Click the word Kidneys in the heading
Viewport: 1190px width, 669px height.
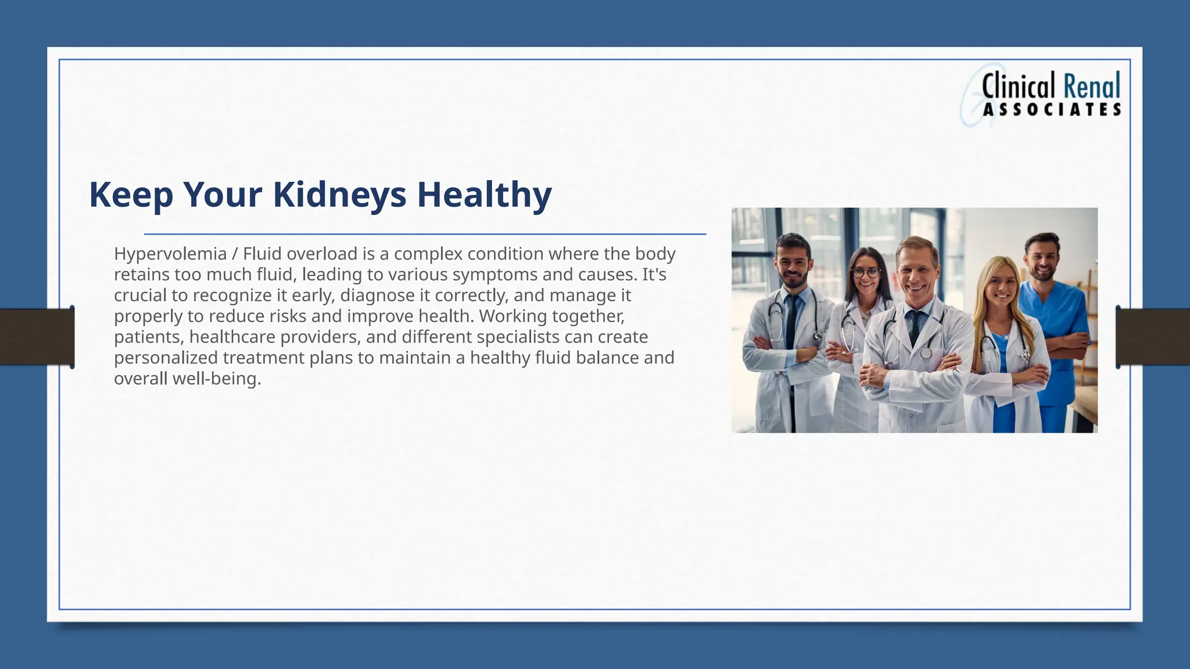coord(339,195)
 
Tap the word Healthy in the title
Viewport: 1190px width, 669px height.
coord(484,195)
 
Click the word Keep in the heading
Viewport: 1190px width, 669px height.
coord(131,195)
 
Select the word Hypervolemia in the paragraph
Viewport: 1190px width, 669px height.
coord(170,254)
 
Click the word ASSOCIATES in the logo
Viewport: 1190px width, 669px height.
coord(1052,110)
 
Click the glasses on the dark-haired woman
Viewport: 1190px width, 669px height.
coord(865,272)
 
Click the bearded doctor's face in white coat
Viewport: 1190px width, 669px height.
coord(794,263)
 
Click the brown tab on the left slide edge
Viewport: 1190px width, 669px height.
coord(36,337)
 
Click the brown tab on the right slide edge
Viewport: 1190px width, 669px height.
coord(1153,337)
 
